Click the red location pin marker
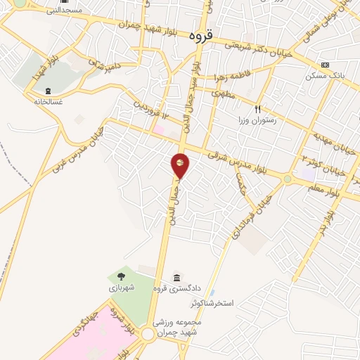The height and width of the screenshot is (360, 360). [180, 165]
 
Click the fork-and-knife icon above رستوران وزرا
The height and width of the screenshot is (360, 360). [257, 109]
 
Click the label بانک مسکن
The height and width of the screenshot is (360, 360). [324, 75]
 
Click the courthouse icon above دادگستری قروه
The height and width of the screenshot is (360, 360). [176, 276]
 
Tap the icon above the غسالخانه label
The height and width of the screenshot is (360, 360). [49, 90]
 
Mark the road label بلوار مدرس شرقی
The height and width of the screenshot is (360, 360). [239, 159]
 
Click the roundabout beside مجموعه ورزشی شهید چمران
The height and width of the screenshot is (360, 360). [147, 335]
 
